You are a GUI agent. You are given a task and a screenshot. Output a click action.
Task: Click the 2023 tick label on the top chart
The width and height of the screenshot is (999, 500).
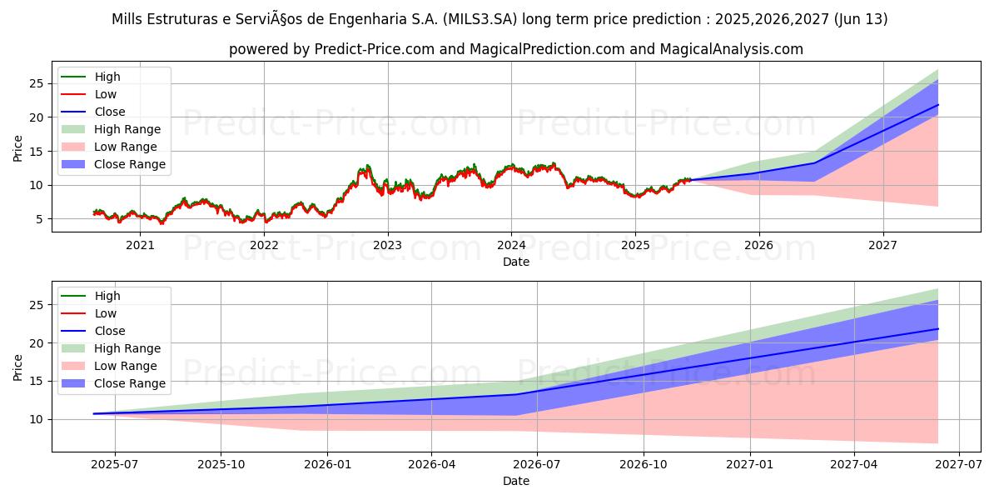click(x=387, y=245)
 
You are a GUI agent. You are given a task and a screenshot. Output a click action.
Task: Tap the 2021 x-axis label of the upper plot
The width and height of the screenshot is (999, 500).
click(x=140, y=245)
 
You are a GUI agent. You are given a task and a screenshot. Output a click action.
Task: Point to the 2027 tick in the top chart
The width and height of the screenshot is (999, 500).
click(x=882, y=245)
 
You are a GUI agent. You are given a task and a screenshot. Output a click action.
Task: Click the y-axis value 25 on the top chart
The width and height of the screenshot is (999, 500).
click(x=37, y=83)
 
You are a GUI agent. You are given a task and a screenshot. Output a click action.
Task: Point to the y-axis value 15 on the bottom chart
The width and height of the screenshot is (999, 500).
click(x=37, y=381)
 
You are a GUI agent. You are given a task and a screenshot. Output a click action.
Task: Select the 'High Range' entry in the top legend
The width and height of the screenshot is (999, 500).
click(x=127, y=129)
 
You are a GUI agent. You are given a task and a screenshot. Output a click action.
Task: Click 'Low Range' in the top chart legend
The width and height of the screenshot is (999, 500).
click(x=126, y=147)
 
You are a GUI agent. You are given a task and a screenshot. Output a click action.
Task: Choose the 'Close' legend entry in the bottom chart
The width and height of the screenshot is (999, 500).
click(x=110, y=331)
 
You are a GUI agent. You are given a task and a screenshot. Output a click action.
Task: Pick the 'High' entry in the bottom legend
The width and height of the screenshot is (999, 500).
click(x=107, y=296)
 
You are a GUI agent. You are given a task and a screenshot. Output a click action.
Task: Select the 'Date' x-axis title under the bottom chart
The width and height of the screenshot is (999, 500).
click(x=517, y=481)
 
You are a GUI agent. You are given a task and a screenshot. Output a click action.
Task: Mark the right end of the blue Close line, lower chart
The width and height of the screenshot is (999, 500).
click(x=938, y=328)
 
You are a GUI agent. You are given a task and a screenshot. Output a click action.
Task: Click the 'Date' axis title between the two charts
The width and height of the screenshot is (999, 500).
click(x=517, y=261)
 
